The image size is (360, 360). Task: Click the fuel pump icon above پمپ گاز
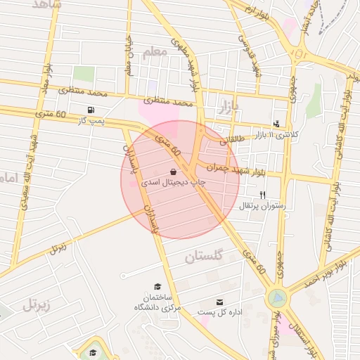tap(91, 110)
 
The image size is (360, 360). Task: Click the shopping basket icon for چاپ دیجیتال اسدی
tap(174, 171)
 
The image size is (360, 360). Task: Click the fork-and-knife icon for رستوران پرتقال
tap(263, 195)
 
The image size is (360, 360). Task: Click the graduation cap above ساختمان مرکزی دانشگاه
tap(158, 286)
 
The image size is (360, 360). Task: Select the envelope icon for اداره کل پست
tap(219, 301)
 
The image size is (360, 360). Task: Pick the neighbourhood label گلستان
tap(204, 257)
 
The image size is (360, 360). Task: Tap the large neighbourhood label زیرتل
tap(37, 304)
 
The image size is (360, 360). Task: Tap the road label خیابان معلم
tap(128, 56)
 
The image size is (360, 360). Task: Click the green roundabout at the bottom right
tap(278, 299)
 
